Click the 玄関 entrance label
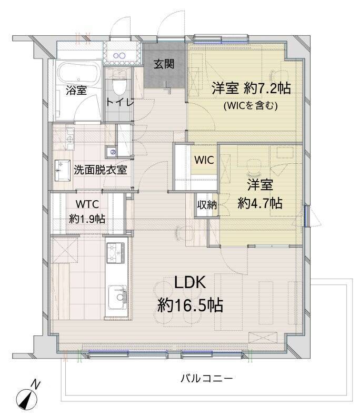164,64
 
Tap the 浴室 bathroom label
76,91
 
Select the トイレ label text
119,102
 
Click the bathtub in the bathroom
79,73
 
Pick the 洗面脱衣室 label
100,170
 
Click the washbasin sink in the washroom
63,170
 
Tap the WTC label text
87,204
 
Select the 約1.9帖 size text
87,219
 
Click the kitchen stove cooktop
116,252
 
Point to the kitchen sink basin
117,297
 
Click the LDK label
190,282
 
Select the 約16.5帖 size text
190,305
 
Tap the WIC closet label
204,160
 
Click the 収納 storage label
207,204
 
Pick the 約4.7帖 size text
260,203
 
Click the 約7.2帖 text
267,88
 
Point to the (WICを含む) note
251,106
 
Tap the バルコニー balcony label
207,378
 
